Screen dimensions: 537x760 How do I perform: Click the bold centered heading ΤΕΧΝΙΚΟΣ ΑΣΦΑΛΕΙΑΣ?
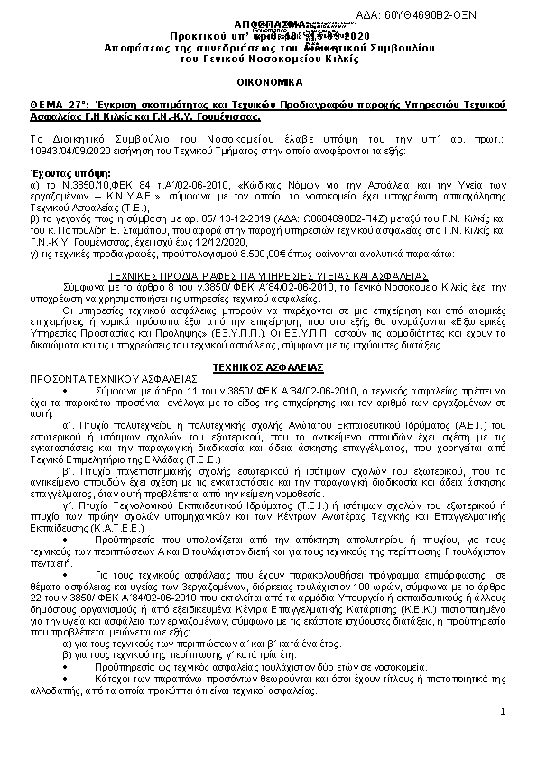tap(268, 343)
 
